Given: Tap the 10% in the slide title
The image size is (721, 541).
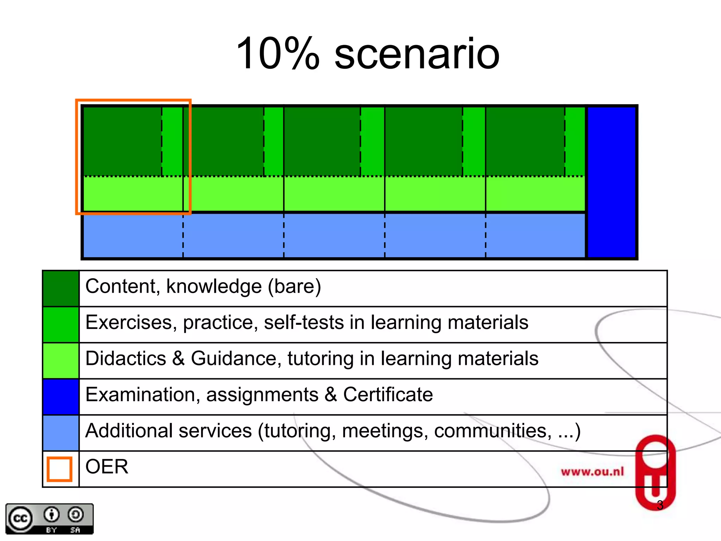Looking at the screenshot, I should tap(278, 53).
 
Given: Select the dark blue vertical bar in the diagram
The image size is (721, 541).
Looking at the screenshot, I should tap(612, 182).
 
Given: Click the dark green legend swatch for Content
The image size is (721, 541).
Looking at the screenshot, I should tap(61, 288).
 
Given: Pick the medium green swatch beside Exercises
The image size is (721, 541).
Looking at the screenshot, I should tap(61, 324).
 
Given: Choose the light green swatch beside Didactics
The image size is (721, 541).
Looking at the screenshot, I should tap(61, 361).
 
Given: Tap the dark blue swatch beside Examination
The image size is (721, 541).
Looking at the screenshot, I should tap(61, 397).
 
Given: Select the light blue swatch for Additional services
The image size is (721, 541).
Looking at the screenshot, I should tap(61, 433).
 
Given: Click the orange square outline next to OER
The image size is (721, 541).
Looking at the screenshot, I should tap(59, 469).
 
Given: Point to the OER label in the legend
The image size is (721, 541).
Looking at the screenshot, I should tap(107, 467).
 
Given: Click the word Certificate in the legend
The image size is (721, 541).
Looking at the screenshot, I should tap(388, 394).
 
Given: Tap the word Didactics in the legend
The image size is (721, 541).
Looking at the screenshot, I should tap(126, 359).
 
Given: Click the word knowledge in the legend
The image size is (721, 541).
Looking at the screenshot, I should tap(214, 286).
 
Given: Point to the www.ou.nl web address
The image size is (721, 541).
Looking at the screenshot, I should tap(592, 472).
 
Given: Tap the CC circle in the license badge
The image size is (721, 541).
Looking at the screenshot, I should tap(20, 518).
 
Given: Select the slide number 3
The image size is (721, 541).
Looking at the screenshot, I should tap(660, 505).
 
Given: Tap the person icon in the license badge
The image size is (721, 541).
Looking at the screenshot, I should tap(52, 515).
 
